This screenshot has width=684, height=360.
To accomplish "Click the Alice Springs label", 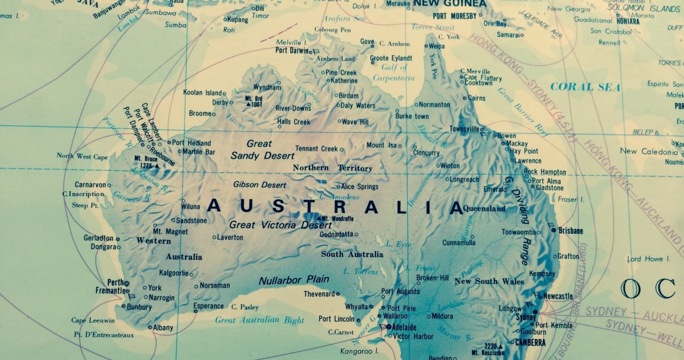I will tap(360, 187).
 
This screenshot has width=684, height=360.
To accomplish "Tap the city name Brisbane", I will tap(571, 231).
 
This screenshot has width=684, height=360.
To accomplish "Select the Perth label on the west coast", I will tap(115, 282).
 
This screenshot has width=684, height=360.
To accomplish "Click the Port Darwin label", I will tap(292, 51).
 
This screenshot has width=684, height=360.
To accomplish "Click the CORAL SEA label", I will tap(585, 87).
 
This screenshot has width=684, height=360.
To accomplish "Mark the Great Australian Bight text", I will tap(259, 320).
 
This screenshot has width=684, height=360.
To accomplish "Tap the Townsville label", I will tap(463, 129).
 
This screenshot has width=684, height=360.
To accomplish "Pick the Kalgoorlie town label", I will tap(174, 273).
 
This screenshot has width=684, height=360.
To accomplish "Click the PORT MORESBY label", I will tap(454, 16).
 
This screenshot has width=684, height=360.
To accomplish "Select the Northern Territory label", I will tap(332, 168).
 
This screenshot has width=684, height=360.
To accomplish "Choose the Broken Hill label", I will tap(432, 278).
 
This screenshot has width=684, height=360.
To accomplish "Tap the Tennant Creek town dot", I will tap(342, 149).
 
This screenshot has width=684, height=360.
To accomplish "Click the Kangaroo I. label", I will tap(359, 351).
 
